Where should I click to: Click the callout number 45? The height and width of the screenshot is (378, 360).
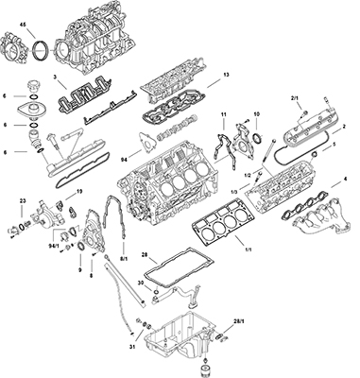pyautogui.click(x=23, y=25)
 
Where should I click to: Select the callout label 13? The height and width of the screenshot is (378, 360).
pyautogui.click(x=226, y=75)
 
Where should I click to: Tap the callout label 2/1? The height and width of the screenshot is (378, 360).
pyautogui.click(x=294, y=99)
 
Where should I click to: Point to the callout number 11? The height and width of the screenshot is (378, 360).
pyautogui.click(x=224, y=115)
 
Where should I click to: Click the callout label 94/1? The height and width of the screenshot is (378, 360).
pyautogui.click(x=54, y=246)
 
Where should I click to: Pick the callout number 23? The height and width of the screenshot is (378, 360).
pyautogui.click(x=23, y=200)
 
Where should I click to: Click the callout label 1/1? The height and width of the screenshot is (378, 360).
pyautogui.click(x=249, y=249)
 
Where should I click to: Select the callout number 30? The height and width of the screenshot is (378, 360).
pyautogui.click(x=141, y=283)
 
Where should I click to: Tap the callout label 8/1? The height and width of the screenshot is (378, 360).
pyautogui.click(x=124, y=259)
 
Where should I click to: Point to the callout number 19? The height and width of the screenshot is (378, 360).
pyautogui.click(x=79, y=191)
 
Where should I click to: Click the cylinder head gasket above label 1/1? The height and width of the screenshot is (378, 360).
pyautogui.click(x=220, y=221)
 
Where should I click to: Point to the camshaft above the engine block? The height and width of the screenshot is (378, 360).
pyautogui.click(x=178, y=129)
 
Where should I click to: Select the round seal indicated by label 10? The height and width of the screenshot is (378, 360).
pyautogui.click(x=257, y=139)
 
